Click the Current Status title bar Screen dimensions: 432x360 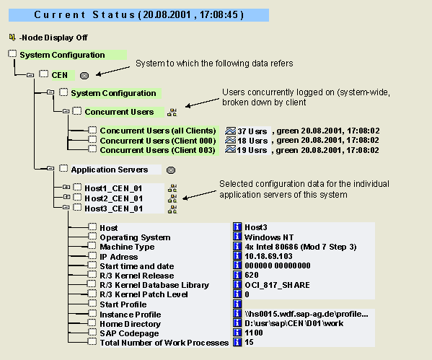(138, 15)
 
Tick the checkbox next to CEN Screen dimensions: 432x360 (43, 74)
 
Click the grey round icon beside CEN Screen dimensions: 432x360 (84, 76)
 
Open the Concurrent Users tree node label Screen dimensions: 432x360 (119, 112)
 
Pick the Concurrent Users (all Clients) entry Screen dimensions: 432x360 (158, 131)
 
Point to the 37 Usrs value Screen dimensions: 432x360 (252, 131)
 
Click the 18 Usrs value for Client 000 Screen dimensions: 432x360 (252, 141)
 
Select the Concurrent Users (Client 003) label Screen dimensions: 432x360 (158, 150)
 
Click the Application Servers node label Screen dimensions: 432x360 (110, 170)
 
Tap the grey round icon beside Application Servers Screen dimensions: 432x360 (171, 170)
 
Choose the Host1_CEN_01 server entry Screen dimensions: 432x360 (113, 188)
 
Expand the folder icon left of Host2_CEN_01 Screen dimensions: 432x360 (66, 197)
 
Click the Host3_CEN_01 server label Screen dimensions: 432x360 (113, 208)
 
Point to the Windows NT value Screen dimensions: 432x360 (269, 237)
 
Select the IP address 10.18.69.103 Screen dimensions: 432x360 (268, 256)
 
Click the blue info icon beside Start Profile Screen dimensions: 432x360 (237, 304)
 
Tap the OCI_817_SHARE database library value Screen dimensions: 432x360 (277, 285)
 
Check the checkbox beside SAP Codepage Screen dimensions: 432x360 (92, 332)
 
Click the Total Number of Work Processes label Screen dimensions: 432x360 (164, 343)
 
